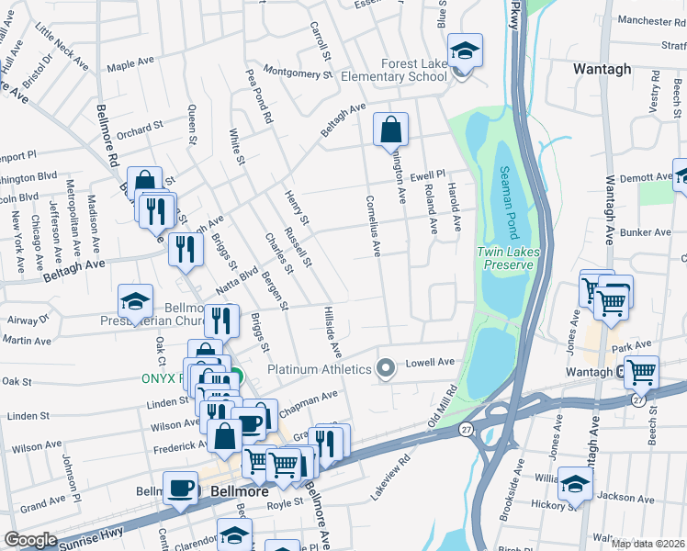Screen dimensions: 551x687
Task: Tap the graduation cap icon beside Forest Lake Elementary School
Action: (x=466, y=54)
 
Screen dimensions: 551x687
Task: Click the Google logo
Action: (x=30, y=540)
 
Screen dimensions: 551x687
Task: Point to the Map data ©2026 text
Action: (x=648, y=544)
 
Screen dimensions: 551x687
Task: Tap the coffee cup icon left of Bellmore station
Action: (x=180, y=489)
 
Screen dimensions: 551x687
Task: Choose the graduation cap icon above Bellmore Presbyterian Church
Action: (x=135, y=301)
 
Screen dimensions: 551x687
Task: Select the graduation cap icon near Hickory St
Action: (x=575, y=484)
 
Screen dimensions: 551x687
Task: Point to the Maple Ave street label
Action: (x=130, y=64)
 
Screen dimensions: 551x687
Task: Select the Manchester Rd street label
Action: (x=652, y=20)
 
